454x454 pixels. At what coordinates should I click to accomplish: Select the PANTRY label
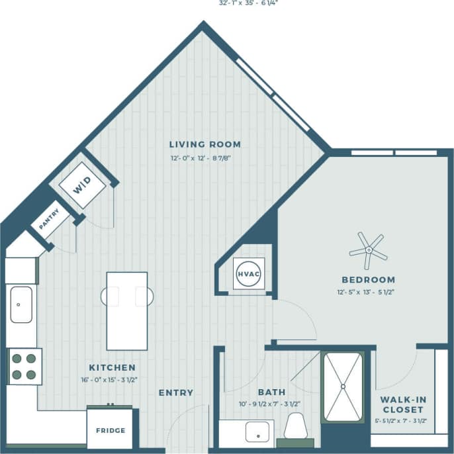tap(50, 219)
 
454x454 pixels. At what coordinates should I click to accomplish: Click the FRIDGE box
tap(110, 430)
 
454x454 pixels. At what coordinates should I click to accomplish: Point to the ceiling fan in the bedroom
tap(368, 249)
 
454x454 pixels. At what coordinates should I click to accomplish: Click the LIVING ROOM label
tap(204, 144)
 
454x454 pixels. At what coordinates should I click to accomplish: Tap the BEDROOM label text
tap(369, 280)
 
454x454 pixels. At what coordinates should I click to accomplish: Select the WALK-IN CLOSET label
tap(402, 404)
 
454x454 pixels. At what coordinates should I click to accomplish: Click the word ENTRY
tap(176, 392)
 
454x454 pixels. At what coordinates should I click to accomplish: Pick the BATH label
tap(272, 392)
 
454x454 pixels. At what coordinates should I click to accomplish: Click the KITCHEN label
tap(112, 367)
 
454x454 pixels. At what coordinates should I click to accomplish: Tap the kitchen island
tap(127, 310)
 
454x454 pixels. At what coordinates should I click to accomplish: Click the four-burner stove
tap(23, 366)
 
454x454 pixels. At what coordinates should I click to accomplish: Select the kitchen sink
tap(21, 304)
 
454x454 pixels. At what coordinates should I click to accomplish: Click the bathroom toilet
tap(295, 428)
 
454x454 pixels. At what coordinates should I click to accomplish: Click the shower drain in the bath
tap(343, 386)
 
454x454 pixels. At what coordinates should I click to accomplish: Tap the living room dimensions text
tap(204, 158)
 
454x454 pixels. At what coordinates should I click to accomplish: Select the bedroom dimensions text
tap(369, 292)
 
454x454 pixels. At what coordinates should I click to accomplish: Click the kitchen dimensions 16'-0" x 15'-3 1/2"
tap(112, 380)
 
